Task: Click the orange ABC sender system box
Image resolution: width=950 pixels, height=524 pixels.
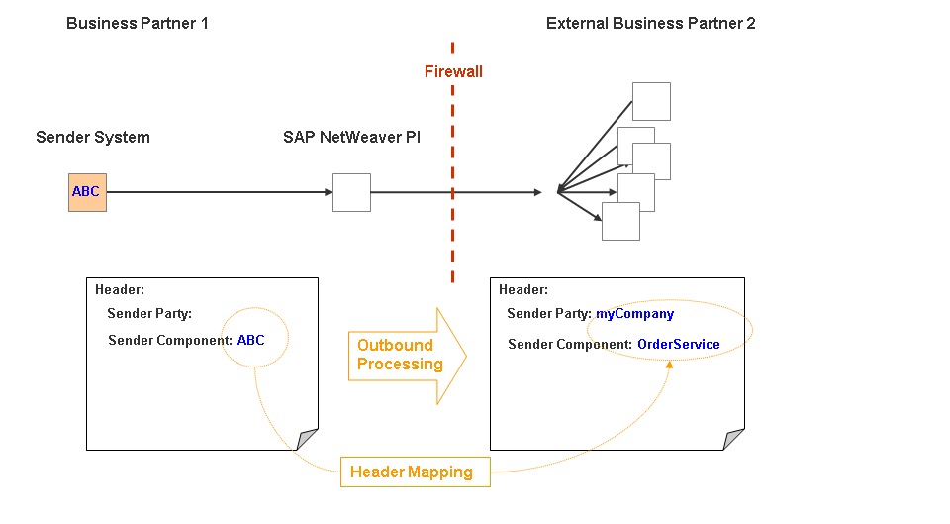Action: [87, 192]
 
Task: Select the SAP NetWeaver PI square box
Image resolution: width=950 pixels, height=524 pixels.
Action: [351, 192]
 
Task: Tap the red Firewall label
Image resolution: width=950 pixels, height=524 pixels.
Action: [453, 72]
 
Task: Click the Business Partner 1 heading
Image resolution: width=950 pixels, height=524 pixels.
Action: [138, 23]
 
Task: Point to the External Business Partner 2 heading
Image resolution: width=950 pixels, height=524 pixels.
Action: [650, 23]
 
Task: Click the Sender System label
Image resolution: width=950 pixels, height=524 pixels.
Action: [93, 138]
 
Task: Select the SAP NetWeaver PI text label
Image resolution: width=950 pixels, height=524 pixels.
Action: [351, 138]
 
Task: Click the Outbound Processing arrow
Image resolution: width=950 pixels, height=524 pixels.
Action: [406, 355]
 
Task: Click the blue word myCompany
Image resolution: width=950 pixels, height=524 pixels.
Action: [634, 314]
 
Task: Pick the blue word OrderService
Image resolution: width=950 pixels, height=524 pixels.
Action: [678, 345]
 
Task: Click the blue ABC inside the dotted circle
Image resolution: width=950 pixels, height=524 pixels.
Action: [251, 340]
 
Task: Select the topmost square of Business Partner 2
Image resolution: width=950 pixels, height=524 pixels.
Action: [651, 102]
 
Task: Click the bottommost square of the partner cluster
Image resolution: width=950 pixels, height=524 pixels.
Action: [620, 222]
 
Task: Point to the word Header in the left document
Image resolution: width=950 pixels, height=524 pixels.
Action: [120, 289]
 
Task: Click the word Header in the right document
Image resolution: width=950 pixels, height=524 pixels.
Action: [523, 289]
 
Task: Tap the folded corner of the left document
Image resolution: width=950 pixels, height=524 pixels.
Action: [308, 439]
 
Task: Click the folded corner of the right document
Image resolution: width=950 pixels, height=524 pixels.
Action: [733, 439]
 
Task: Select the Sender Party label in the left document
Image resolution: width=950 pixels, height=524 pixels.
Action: [149, 314]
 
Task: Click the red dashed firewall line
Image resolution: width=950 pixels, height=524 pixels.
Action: [453, 228]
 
